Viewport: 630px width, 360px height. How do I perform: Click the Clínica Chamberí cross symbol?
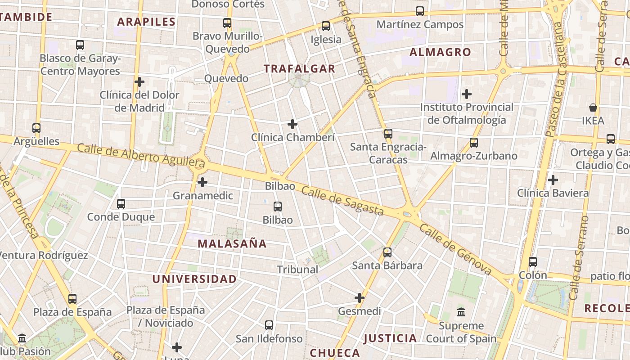(292, 124)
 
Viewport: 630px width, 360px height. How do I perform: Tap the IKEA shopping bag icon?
(593, 108)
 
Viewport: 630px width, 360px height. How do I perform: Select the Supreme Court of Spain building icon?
(461, 312)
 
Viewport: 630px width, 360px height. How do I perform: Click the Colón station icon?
(533, 261)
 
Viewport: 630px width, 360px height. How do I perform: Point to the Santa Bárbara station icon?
(387, 252)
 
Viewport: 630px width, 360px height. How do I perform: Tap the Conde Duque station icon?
(121, 203)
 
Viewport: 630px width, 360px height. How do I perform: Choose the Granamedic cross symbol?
(203, 182)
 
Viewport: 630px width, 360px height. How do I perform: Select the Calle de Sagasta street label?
(342, 201)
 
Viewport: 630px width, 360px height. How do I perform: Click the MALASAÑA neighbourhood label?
(232, 244)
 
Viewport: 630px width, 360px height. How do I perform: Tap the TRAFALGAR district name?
(299, 69)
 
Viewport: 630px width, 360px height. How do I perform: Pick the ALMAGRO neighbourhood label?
(440, 52)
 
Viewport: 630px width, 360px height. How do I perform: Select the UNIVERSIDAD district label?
(194, 279)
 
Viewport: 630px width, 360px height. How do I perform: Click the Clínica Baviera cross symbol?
(553, 180)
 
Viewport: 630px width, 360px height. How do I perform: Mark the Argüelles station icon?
(36, 128)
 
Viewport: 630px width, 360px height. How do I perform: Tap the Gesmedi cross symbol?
(360, 297)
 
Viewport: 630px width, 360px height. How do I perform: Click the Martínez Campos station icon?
(420, 11)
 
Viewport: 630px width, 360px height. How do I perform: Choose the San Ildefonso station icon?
(269, 325)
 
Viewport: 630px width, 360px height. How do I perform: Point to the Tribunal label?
(297, 270)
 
